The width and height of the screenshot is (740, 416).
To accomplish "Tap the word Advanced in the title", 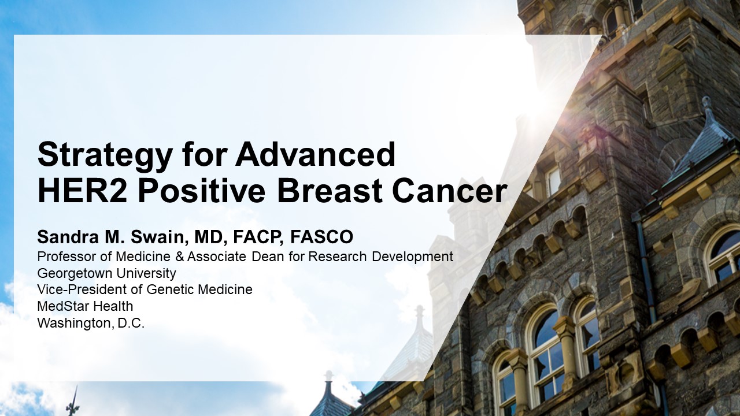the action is click(315, 154).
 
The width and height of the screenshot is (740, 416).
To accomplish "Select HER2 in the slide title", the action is click(82, 191).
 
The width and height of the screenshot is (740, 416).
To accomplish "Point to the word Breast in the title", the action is click(330, 191).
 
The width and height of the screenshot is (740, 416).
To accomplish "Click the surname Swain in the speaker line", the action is click(158, 237).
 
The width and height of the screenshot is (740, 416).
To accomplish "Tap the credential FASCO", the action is click(321, 237).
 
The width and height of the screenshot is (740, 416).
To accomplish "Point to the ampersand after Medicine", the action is click(180, 257).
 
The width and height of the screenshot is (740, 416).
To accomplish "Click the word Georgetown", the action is click(71, 274).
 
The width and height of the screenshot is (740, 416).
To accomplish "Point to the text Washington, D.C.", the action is click(91, 323).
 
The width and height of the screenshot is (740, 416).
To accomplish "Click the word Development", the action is click(413, 257).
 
